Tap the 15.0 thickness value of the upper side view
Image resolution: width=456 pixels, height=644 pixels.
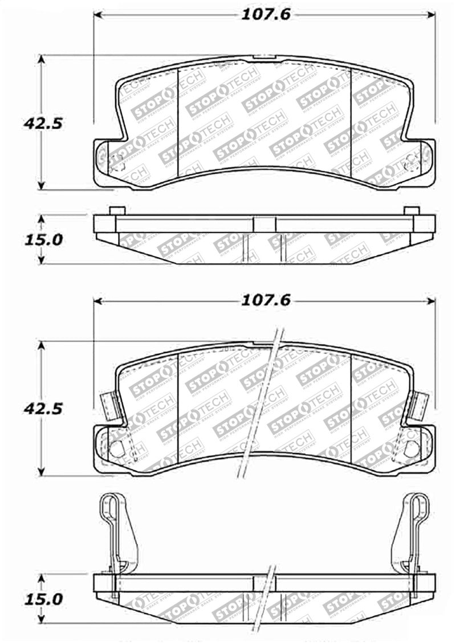(35, 240)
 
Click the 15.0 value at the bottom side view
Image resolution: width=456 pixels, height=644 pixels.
(35, 600)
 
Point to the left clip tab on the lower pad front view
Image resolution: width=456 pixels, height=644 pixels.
(108, 406)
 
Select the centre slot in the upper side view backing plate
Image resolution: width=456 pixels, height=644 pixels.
(263, 224)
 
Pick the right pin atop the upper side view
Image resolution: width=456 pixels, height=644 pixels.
(411, 210)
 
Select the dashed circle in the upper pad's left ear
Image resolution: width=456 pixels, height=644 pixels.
(117, 162)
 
